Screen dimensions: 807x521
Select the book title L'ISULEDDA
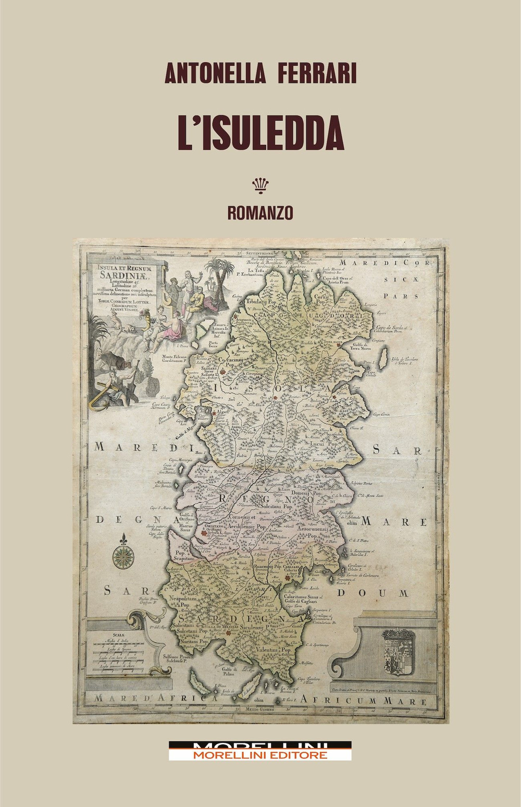(260, 134)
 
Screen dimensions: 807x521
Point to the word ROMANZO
(260, 213)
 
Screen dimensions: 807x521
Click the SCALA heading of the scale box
(110, 634)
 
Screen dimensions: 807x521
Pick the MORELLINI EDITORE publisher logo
(259, 751)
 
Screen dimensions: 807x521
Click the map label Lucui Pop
(324, 444)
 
